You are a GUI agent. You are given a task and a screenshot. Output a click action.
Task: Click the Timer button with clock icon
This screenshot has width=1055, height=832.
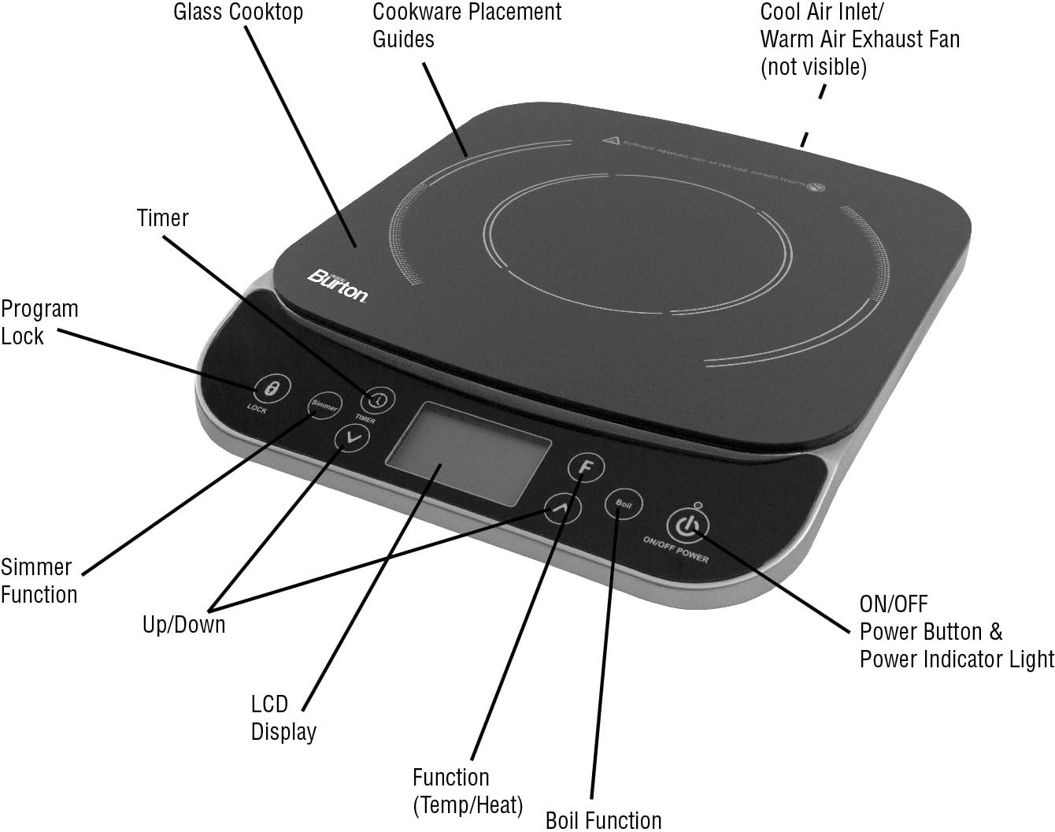point(379,400)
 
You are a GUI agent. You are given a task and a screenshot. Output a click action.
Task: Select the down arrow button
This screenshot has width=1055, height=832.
point(352,438)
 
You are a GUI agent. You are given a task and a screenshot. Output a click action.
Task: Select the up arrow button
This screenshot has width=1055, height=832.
point(563,508)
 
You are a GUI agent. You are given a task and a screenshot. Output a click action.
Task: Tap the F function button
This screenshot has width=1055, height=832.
point(586,467)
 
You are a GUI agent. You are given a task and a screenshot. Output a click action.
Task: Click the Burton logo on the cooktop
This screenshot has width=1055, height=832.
point(337,284)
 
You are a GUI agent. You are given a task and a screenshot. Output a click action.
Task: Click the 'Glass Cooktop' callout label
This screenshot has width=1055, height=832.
point(238,12)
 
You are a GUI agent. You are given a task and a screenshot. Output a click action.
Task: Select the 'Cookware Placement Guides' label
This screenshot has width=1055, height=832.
point(466,25)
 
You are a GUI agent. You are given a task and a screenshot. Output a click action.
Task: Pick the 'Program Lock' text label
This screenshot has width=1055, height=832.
point(39,322)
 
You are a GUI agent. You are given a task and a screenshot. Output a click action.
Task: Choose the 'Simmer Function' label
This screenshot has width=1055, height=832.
point(39,581)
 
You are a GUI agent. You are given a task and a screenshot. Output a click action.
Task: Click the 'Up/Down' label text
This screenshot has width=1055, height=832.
point(183,625)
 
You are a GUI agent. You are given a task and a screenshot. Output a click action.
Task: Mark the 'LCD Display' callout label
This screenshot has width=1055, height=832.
point(283,717)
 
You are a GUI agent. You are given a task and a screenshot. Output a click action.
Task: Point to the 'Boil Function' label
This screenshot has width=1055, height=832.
point(603,819)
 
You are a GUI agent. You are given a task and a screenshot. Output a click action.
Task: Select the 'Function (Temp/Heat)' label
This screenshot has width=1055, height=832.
point(467,790)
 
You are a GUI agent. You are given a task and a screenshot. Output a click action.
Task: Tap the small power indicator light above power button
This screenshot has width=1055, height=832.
point(698,506)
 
